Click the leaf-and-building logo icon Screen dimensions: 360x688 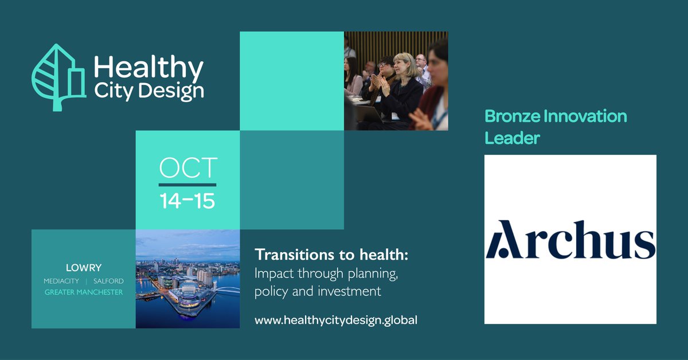(x=57, y=77)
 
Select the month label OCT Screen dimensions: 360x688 (x=187, y=168)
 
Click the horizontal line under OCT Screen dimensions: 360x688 (x=187, y=185)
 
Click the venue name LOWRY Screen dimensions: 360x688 (x=83, y=267)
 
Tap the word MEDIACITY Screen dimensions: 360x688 (x=61, y=281)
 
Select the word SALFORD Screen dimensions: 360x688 (x=108, y=281)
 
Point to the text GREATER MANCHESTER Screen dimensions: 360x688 (x=83, y=293)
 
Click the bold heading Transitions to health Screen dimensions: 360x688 (x=335, y=254)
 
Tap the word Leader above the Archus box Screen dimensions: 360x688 (x=512, y=138)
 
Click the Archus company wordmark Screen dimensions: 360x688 (x=570, y=239)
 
